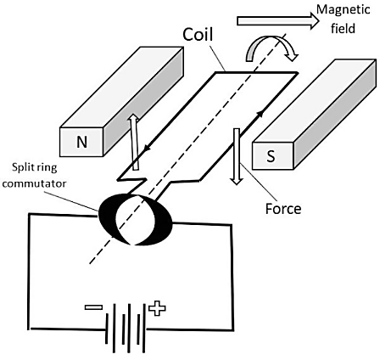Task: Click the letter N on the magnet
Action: click(x=82, y=142)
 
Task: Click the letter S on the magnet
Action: click(x=271, y=156)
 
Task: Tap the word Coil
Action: click(x=198, y=35)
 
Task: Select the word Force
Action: click(x=283, y=209)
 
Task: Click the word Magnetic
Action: click(x=343, y=9)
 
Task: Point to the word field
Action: click(x=343, y=28)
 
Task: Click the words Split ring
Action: click(x=35, y=167)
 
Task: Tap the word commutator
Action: click(x=34, y=183)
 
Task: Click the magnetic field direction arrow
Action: click(x=278, y=21)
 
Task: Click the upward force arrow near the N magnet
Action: click(x=134, y=142)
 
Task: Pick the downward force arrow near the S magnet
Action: click(x=237, y=156)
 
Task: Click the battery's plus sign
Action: click(x=157, y=308)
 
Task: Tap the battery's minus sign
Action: click(x=93, y=307)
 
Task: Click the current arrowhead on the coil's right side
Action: click(x=261, y=113)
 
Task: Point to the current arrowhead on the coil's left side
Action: click(x=147, y=148)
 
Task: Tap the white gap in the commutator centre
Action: click(x=135, y=219)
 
